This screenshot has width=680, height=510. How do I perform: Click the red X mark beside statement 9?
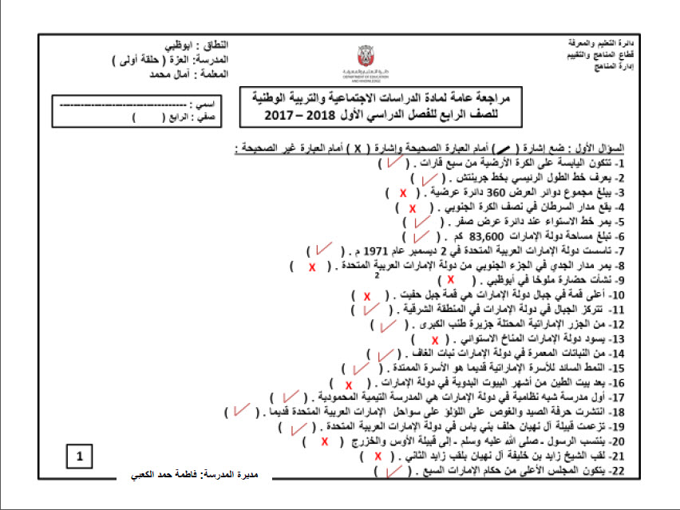tap(451, 279)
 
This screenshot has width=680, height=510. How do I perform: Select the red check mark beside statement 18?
tap(239, 412)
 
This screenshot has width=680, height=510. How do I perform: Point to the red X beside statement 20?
tap(325, 441)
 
